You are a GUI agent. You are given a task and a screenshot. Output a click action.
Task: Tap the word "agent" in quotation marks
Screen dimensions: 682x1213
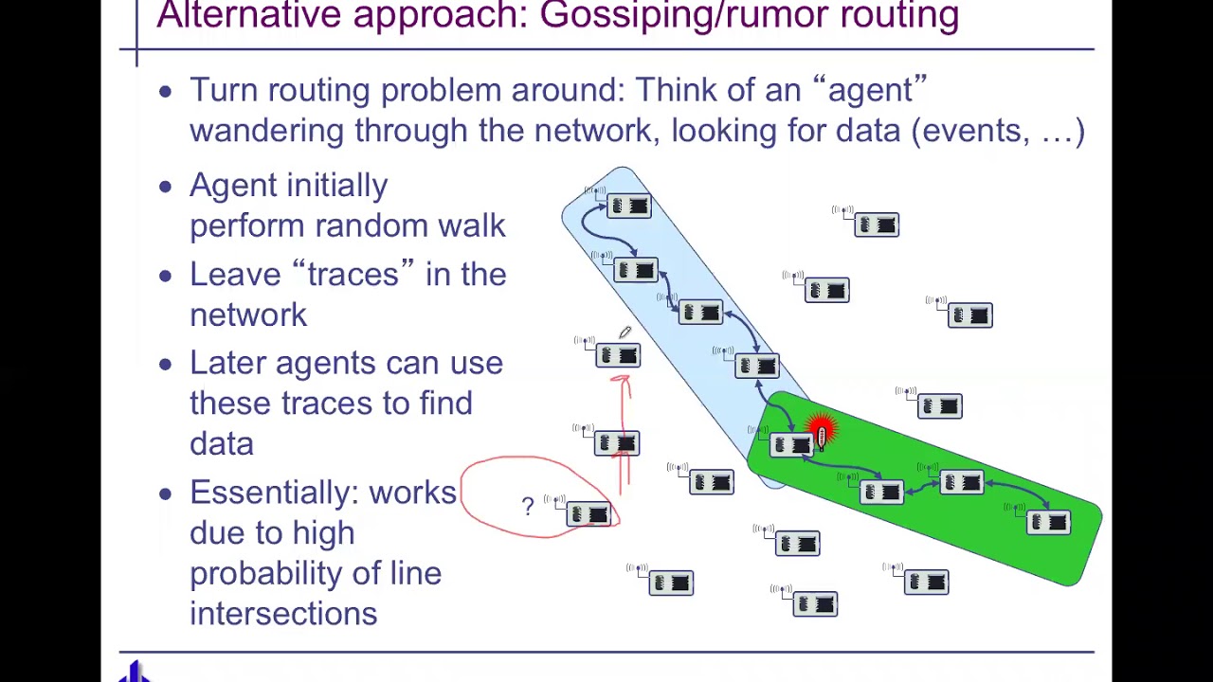pyautogui.click(x=869, y=90)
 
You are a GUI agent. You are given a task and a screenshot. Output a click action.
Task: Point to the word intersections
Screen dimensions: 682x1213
pyautogui.click(x=283, y=614)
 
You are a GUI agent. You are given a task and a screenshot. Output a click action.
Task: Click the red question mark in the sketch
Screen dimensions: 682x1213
pyautogui.click(x=528, y=506)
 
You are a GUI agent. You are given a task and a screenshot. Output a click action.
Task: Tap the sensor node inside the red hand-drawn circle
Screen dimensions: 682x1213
pyautogui.click(x=588, y=513)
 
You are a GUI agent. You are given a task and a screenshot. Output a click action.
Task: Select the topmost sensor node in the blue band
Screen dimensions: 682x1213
pyautogui.click(x=628, y=206)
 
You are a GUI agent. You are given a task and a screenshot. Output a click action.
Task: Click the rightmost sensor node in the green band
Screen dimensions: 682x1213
pyautogui.click(x=1048, y=522)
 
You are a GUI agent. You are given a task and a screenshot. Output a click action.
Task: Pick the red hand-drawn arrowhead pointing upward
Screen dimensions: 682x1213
pyautogui.click(x=621, y=382)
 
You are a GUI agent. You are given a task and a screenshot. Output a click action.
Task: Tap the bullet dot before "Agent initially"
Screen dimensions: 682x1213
pyautogui.click(x=166, y=187)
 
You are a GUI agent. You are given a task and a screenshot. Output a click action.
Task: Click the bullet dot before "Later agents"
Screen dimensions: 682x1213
pyautogui.click(x=166, y=364)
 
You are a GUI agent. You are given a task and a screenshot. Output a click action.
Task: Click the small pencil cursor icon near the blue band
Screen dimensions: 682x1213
pyautogui.click(x=625, y=332)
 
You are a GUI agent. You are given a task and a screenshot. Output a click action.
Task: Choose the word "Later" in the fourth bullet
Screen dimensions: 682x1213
pyautogui.click(x=228, y=363)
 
